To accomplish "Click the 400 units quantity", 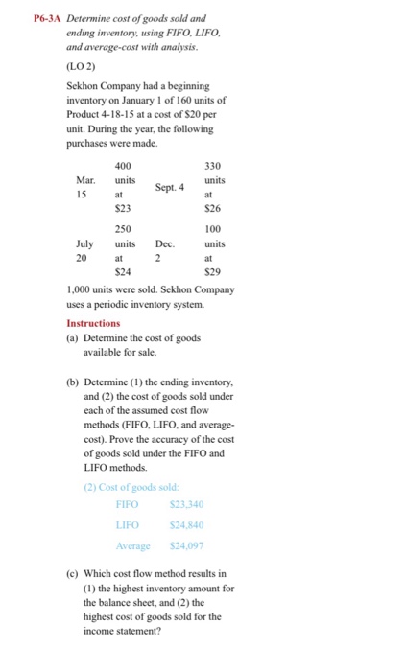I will (x=123, y=167).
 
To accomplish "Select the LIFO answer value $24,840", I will (x=186, y=525).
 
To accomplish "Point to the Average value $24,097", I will (x=186, y=548).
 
